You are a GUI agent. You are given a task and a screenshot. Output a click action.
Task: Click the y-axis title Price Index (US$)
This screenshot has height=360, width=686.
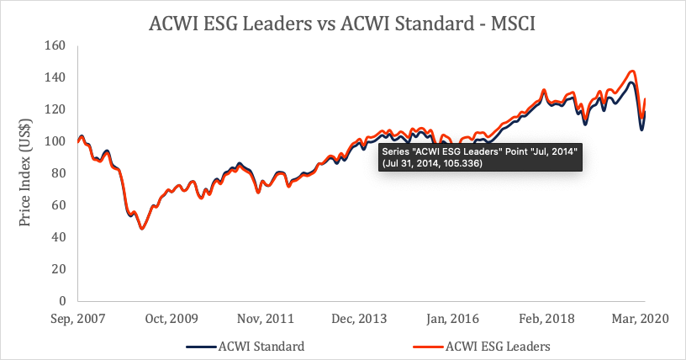pos(26,173)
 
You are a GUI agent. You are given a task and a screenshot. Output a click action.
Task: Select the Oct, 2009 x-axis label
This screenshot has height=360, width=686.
pos(172,320)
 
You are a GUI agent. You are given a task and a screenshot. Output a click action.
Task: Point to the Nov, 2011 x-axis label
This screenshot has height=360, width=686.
pos(266,320)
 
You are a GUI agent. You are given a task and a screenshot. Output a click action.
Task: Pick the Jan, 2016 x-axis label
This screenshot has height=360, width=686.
pos(455,320)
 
